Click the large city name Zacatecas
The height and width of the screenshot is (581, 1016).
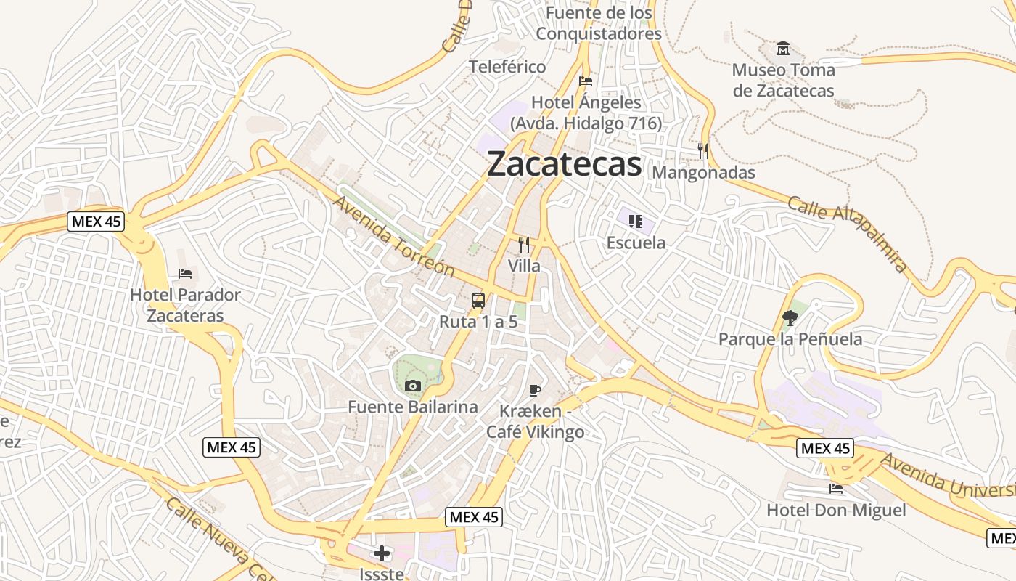(x=564, y=164)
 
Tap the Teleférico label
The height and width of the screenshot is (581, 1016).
(x=507, y=67)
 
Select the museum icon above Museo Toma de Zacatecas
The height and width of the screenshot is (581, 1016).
(x=783, y=49)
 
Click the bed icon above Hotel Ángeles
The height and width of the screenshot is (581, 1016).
(x=586, y=81)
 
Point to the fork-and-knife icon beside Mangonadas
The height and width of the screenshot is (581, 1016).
(x=702, y=151)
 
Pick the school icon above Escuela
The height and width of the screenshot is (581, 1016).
(x=636, y=221)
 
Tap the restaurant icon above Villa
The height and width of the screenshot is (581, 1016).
(x=524, y=245)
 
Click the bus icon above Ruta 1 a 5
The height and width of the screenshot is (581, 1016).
(x=478, y=300)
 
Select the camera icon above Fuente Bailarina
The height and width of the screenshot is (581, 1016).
(x=413, y=386)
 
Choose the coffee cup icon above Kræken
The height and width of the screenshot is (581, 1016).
(x=535, y=391)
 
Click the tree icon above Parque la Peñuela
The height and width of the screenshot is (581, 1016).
(x=790, y=317)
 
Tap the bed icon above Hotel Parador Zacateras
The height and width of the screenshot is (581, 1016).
(x=185, y=274)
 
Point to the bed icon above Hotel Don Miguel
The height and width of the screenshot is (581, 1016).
(x=836, y=489)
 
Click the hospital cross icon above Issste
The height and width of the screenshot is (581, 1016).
(x=382, y=554)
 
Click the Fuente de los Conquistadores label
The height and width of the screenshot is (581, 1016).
(x=599, y=23)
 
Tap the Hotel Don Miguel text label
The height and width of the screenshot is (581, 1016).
(x=836, y=510)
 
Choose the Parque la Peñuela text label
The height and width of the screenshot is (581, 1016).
(x=790, y=339)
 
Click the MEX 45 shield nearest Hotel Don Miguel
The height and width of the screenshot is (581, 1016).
(x=825, y=448)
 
